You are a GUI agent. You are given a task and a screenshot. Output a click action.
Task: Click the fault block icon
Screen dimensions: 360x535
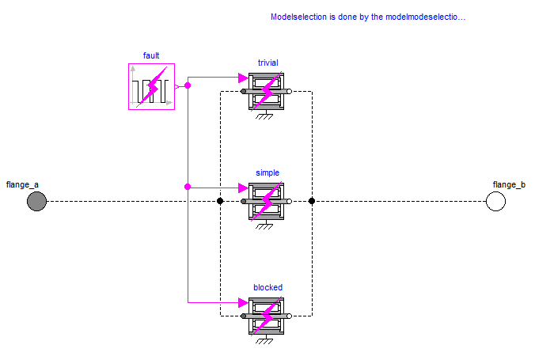coord(151,87)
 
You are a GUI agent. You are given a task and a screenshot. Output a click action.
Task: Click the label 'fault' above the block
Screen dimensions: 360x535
coord(151,55)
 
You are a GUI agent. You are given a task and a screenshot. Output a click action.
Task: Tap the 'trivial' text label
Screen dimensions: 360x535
coord(267,63)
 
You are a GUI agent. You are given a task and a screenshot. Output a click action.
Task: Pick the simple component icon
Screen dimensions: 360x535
coord(267,201)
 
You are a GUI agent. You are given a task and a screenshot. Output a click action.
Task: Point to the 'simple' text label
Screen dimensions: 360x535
coord(267,172)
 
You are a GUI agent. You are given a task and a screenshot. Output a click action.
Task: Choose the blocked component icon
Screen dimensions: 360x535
coord(267,315)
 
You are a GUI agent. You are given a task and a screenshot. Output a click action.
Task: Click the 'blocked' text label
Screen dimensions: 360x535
coord(267,287)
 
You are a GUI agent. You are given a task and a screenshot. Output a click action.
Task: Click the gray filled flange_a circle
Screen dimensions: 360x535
coord(36,202)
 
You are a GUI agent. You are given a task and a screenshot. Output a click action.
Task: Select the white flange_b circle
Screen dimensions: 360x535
coord(495,202)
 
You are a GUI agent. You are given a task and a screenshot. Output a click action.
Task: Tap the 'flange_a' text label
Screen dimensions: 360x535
coord(22,184)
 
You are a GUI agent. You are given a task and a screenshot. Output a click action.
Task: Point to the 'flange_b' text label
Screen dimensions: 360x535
coord(509,184)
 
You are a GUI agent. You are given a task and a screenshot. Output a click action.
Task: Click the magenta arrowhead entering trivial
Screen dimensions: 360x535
coord(243,78)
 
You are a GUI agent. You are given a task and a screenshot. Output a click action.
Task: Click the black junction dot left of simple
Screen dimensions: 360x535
coord(220,202)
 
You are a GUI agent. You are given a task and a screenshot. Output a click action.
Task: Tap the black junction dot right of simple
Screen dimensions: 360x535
coord(312,202)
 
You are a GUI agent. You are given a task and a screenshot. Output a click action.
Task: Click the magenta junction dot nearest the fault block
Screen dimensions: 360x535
coord(188,84)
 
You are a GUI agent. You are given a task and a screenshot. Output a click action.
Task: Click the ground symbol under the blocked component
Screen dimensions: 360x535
coord(264,340)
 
